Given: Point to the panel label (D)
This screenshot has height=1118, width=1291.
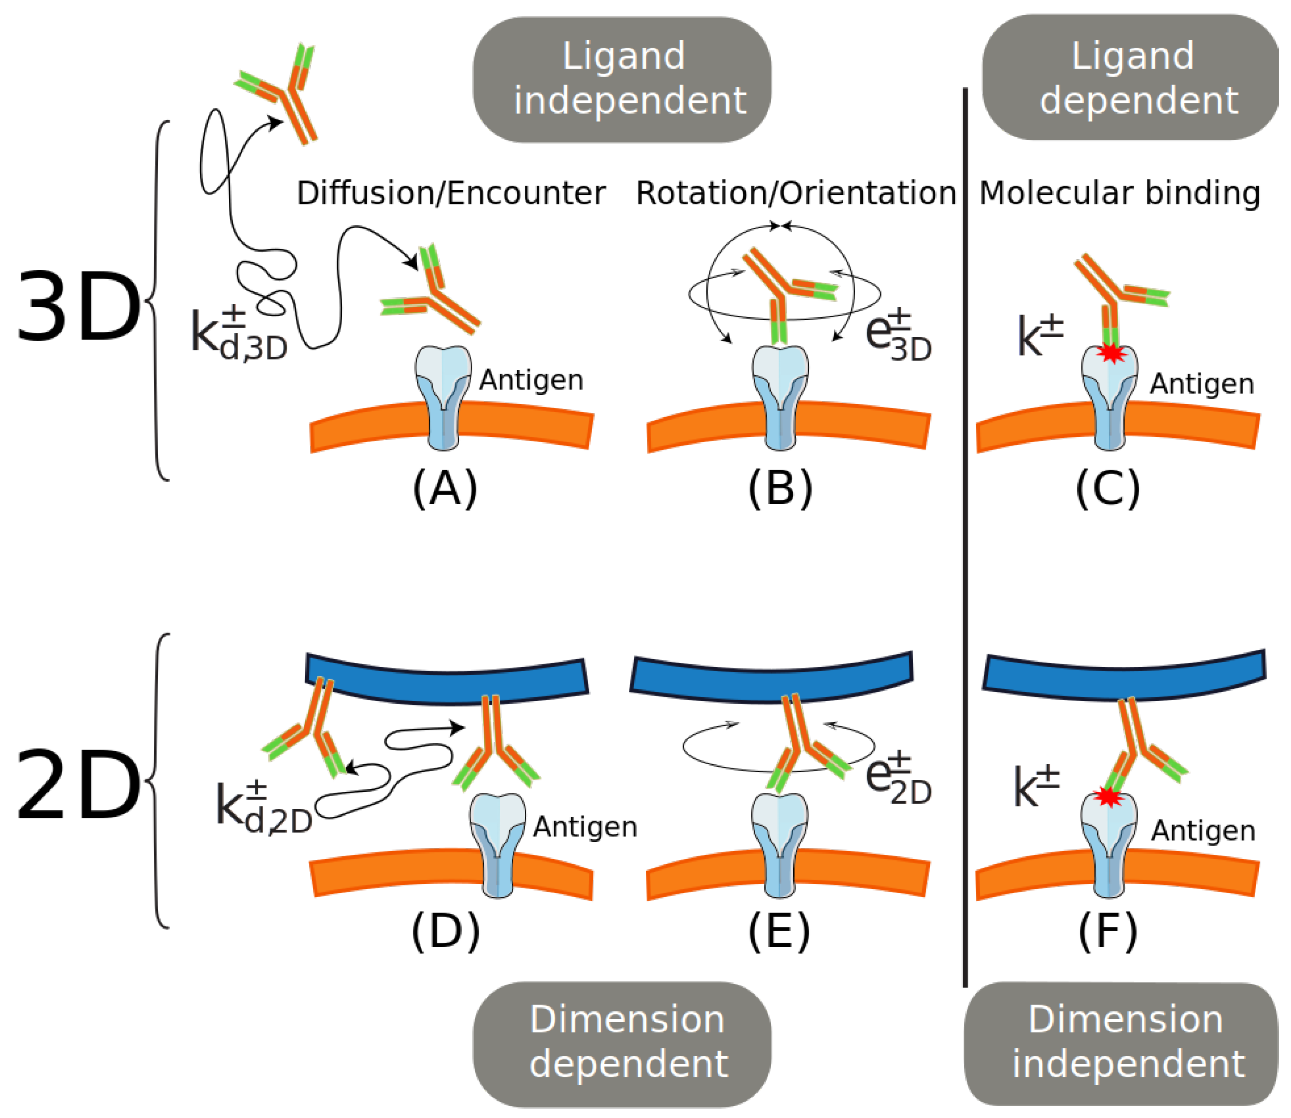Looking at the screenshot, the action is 446,932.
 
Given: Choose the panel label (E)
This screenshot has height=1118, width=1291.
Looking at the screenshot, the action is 779,932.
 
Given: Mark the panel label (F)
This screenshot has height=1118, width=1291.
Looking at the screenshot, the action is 1108,932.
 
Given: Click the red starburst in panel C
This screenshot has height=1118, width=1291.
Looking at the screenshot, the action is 1111,354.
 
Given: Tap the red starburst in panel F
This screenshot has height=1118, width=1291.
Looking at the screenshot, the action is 1108,797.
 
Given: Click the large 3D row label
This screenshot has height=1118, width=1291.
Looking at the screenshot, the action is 78,307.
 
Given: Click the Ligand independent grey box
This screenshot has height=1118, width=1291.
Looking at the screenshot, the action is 622,79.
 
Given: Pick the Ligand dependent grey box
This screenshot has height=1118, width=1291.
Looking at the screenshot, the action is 1131,78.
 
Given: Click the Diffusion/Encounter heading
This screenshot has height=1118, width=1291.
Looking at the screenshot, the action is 451,194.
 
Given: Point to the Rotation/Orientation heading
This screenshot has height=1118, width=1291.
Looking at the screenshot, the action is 796,194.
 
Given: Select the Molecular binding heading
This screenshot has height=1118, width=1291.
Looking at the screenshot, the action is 1119,194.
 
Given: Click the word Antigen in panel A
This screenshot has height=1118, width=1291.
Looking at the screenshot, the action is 531,380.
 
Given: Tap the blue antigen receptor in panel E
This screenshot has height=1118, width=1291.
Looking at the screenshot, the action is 780,845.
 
